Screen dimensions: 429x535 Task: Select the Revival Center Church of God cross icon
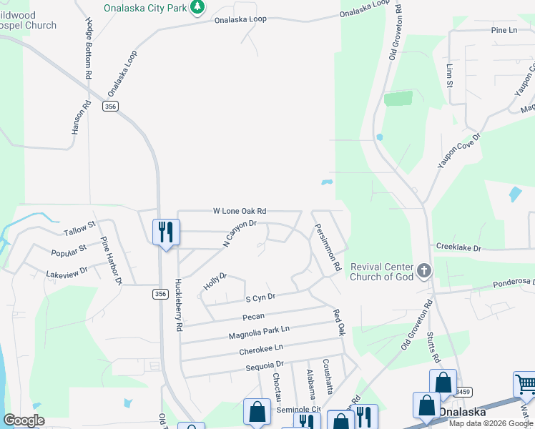click(424, 271)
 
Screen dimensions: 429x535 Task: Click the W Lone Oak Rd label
click(240, 211)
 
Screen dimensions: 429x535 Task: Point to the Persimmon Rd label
click(325, 246)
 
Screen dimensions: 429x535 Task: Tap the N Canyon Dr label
click(238, 234)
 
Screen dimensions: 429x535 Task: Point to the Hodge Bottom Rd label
click(88, 48)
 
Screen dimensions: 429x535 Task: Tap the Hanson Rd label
click(81, 117)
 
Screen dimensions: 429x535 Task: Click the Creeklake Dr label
click(459, 247)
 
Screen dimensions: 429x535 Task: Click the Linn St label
click(450, 74)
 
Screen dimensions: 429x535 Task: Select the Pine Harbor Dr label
click(112, 260)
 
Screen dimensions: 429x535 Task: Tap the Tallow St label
click(79, 229)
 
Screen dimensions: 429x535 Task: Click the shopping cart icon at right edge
click(525, 385)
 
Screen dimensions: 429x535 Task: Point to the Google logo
click(24, 420)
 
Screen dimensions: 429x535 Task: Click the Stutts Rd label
click(433, 350)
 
